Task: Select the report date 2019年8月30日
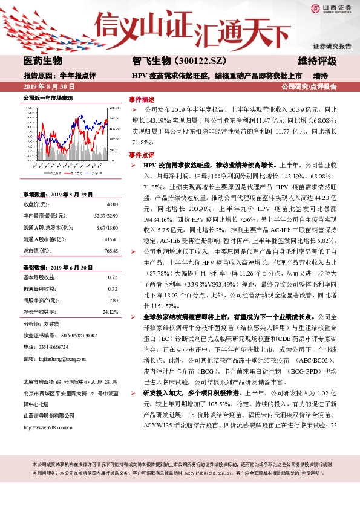(x=44, y=87)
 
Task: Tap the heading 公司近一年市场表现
(x=47, y=98)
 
